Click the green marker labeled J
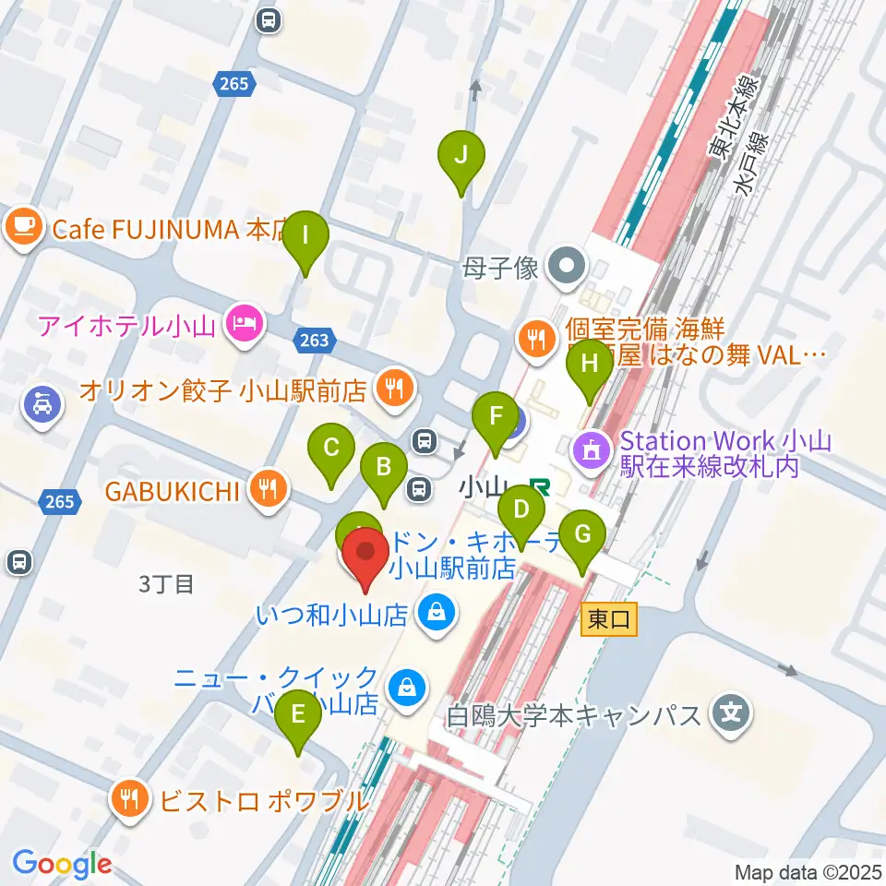462,154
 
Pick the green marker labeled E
298,713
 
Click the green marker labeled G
582,534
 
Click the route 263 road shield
315,341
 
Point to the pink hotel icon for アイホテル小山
245,325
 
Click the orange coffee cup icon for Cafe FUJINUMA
24,228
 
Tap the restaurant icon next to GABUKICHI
268,489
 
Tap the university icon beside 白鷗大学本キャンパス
732,713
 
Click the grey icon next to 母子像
565,269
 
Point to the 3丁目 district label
167,584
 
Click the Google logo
62,864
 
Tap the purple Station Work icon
592,450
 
